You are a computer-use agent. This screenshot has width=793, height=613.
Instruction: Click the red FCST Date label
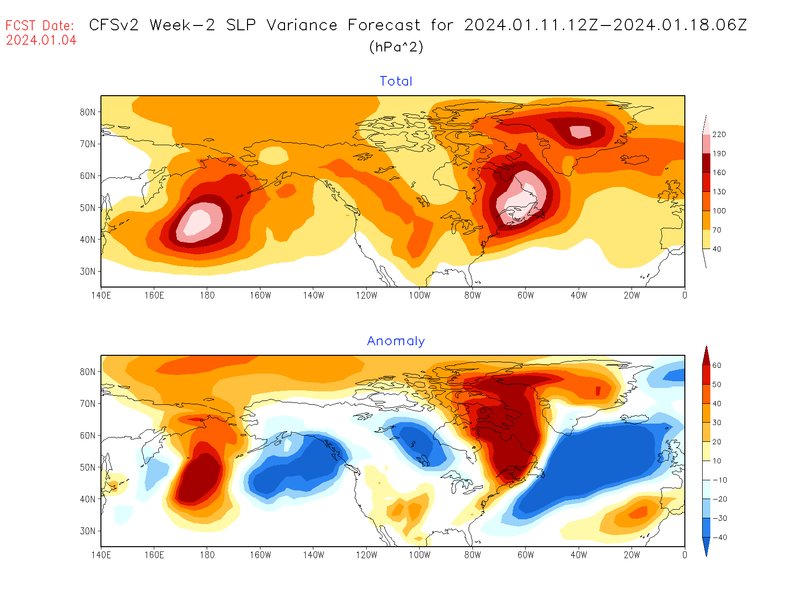tap(40, 25)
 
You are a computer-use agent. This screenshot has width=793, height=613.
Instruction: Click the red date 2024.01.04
tap(41, 40)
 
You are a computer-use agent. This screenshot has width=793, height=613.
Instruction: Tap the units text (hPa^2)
tap(396, 47)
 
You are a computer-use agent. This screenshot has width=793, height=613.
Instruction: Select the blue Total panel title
tap(396, 81)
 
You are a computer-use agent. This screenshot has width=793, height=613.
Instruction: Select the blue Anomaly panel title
tap(396, 341)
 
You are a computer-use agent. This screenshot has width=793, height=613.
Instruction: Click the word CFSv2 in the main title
tap(114, 25)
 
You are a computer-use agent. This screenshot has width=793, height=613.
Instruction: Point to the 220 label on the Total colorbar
tap(719, 135)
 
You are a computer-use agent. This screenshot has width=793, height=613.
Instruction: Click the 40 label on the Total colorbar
tap(717, 249)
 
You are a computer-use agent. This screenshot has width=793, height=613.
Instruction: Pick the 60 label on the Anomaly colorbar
tap(717, 365)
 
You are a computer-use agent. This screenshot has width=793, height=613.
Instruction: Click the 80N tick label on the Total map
tap(87, 112)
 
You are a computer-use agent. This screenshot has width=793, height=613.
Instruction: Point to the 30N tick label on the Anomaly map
tap(87, 531)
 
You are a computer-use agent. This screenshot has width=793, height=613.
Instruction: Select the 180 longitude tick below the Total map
tap(207, 295)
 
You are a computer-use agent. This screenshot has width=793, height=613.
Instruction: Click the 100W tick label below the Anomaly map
tap(420, 555)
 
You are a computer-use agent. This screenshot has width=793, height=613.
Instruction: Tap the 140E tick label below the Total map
tap(101, 295)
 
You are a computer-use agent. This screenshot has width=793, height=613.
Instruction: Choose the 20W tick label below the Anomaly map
tap(632, 555)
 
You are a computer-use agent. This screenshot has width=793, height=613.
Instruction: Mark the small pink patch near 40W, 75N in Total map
tap(580, 131)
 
